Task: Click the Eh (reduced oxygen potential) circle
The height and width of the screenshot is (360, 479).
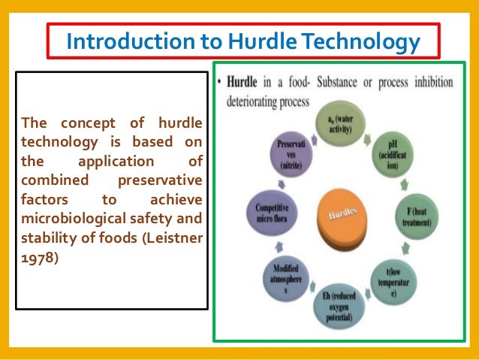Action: point(340,306)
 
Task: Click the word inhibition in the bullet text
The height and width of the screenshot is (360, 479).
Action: point(429,80)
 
